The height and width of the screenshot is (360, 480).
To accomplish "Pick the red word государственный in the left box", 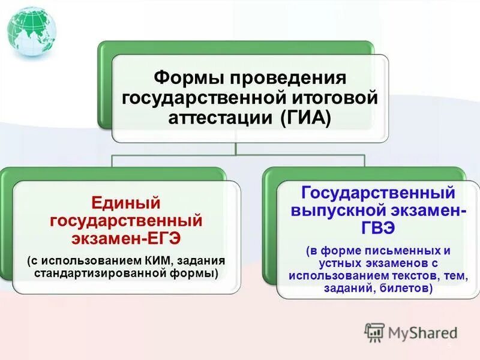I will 125,220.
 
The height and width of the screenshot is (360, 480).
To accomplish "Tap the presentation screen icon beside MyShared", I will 374,332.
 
